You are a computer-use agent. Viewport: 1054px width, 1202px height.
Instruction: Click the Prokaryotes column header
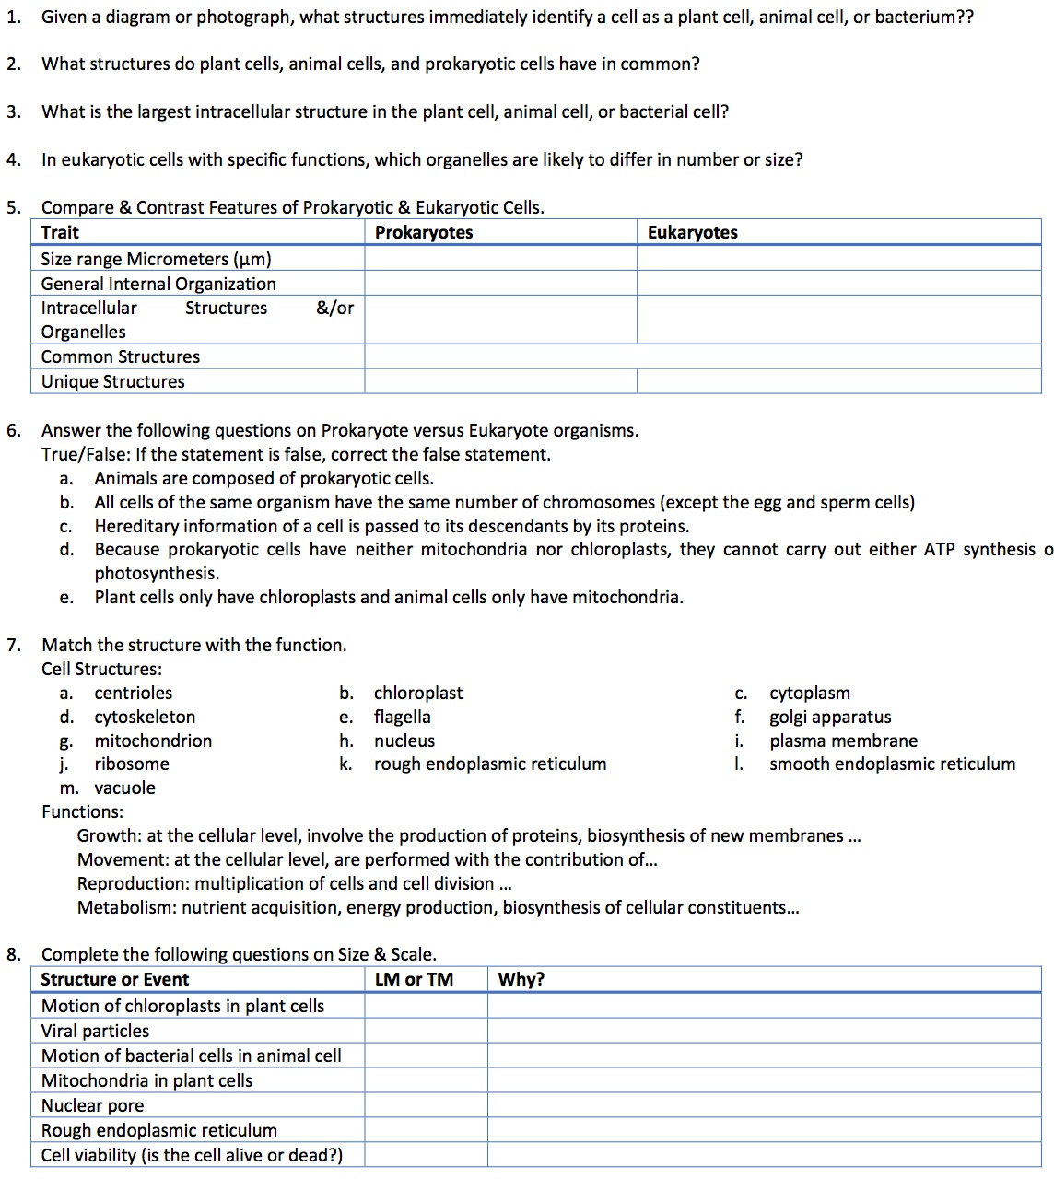click(424, 232)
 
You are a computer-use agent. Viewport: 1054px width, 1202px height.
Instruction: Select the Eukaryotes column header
click(692, 232)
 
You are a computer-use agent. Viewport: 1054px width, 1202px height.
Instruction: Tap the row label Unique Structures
click(112, 381)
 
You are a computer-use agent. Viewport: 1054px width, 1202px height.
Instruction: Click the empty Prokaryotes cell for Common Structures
click(500, 356)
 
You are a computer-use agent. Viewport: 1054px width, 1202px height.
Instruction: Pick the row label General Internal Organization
click(158, 284)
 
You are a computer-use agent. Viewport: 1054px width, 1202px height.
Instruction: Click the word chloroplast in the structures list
click(418, 693)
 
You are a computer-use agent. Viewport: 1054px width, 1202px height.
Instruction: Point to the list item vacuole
click(124, 788)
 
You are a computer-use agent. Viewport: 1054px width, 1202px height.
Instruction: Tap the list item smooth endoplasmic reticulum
click(892, 764)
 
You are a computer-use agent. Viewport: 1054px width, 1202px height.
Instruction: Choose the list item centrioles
click(133, 693)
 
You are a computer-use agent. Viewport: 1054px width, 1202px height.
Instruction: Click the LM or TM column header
click(414, 979)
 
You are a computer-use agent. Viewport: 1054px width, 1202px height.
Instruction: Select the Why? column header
click(521, 979)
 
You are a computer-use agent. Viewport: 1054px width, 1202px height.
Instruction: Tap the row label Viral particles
click(95, 1031)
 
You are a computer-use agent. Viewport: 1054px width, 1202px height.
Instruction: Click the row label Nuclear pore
click(92, 1105)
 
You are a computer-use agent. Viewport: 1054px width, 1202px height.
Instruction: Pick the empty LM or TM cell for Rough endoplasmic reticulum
click(426, 1130)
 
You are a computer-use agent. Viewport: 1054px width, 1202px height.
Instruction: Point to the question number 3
click(12, 111)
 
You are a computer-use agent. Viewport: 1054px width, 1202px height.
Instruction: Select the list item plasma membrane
click(843, 741)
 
